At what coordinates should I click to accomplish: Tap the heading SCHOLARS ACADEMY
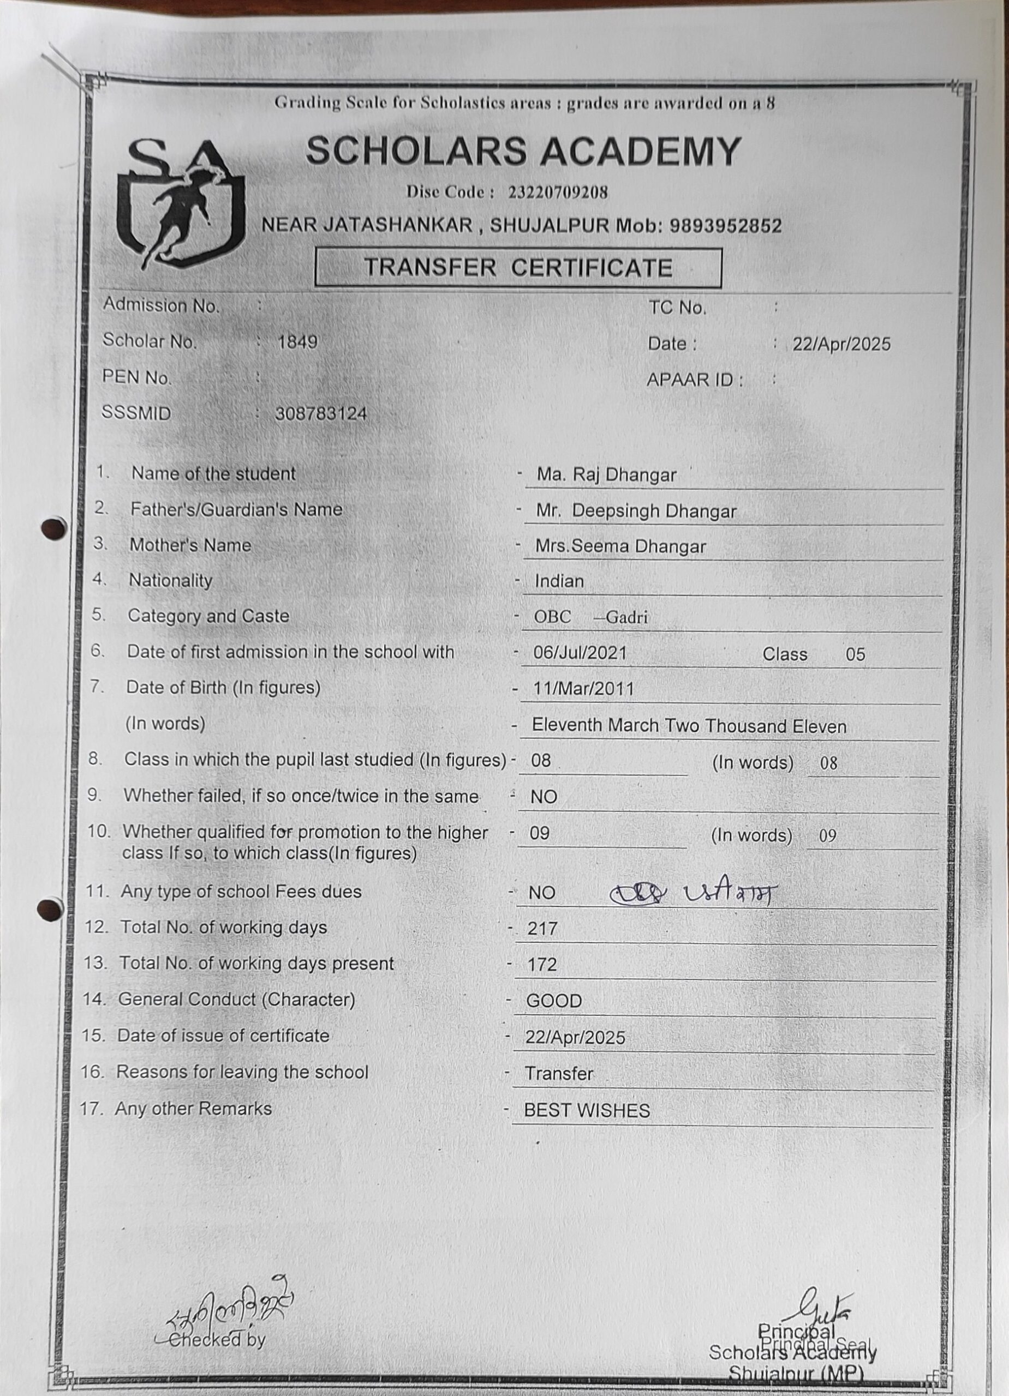(522, 151)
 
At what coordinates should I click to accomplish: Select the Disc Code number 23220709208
(558, 192)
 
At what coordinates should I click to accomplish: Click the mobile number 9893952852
(725, 226)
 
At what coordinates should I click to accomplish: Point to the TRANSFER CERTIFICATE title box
(517, 268)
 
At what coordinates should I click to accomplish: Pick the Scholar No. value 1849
(297, 341)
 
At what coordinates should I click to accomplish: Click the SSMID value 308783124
(321, 414)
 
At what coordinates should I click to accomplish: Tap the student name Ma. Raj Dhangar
(606, 474)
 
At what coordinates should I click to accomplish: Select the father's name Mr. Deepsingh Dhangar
(636, 511)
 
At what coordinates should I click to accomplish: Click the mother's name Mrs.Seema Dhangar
(620, 546)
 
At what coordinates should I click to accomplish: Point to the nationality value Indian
(559, 581)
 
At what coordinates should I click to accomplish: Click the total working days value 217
(542, 928)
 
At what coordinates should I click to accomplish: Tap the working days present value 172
(542, 964)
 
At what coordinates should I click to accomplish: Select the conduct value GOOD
(554, 1001)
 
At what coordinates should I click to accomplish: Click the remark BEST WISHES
(587, 1110)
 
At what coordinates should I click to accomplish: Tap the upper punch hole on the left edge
(54, 528)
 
